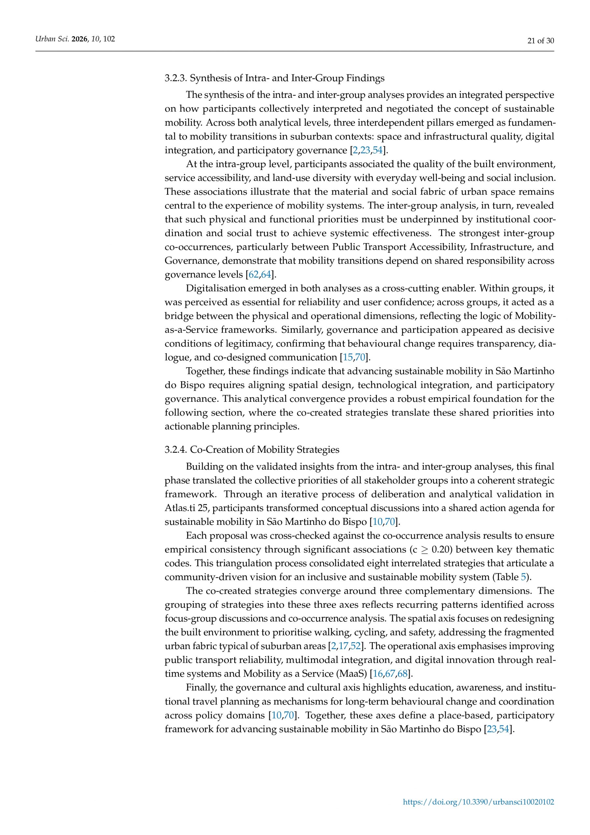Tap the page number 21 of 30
pyautogui.click(x=540, y=41)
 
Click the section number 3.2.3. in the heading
pyautogui.click(x=176, y=78)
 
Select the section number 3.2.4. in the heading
pyautogui.click(x=176, y=449)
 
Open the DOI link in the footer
pyautogui.click(x=479, y=801)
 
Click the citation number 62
pyautogui.click(x=253, y=274)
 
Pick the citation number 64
pyautogui.click(x=266, y=274)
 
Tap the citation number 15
pyautogui.click(x=348, y=357)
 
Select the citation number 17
pyautogui.click(x=343, y=646)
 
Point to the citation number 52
pyautogui.click(x=355, y=646)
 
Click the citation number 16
pyautogui.click(x=378, y=674)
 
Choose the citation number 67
pyautogui.click(x=390, y=674)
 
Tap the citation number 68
pyautogui.click(x=402, y=674)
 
